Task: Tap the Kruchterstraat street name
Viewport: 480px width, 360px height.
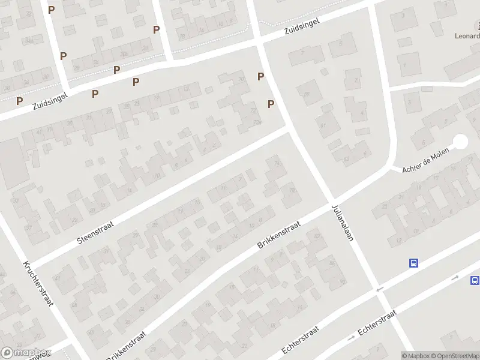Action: (38, 283)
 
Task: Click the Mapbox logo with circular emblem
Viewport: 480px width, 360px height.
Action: (25, 353)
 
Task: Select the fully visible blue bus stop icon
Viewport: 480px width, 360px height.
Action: (413, 263)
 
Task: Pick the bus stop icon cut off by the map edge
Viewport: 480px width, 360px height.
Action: (475, 280)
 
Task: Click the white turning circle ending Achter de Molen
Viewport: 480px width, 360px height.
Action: (460, 142)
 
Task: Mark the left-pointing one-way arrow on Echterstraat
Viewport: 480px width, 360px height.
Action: (379, 290)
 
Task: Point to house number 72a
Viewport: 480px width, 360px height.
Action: (258, 122)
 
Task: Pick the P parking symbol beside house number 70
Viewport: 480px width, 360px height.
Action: (261, 76)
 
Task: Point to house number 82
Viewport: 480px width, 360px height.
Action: (316, 236)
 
